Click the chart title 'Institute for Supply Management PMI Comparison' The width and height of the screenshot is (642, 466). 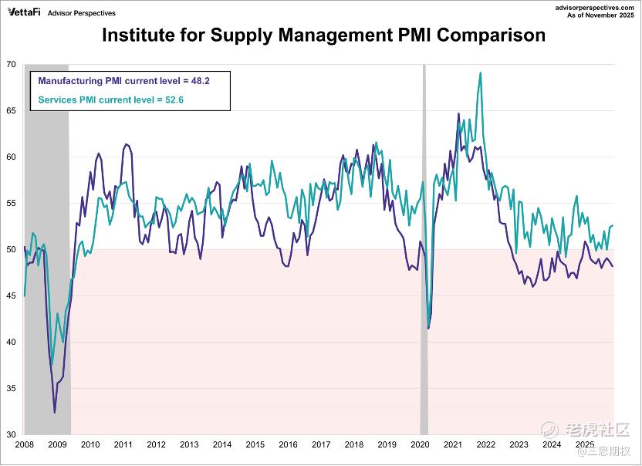click(323, 35)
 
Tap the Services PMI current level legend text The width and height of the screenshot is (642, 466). click(101, 100)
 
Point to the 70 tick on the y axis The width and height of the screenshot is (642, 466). click(12, 64)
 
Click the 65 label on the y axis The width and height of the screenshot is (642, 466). click(12, 110)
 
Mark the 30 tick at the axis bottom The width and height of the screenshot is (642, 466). click(12, 434)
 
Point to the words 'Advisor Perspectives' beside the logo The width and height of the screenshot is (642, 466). click(82, 13)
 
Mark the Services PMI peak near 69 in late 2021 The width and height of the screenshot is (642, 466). click(481, 73)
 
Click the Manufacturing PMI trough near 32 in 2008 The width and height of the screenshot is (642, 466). click(54, 413)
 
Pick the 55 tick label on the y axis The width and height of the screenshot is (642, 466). click(12, 203)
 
